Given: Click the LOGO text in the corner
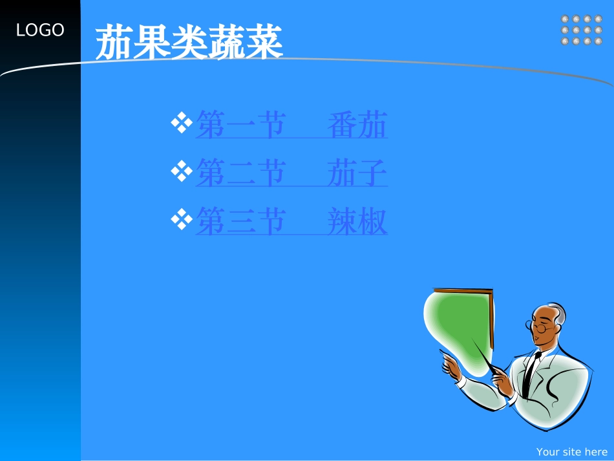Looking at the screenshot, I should coord(40,30).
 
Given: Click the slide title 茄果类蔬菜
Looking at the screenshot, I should coord(189,43).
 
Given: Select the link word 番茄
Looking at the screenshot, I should coord(357,125).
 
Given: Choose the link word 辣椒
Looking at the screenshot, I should coord(357,221).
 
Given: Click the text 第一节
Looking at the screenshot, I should coord(240,125).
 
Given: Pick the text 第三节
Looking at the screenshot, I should coord(240,221).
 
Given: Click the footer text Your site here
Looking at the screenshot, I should coord(571,452).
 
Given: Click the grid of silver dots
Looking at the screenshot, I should coord(581,30).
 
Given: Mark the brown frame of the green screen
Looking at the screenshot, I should coord(491,323).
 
